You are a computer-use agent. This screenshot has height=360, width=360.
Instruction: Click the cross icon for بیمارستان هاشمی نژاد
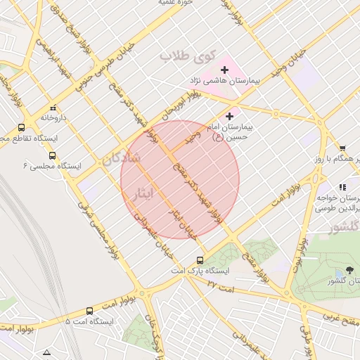click(225, 70)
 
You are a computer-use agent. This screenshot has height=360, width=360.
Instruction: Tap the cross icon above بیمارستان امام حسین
click(230, 115)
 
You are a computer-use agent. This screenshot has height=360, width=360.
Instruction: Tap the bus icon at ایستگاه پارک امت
click(201, 260)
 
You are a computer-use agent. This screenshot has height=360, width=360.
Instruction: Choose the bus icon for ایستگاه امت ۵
click(89, 311)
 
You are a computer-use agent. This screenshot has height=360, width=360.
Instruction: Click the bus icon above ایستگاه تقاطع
click(21, 128)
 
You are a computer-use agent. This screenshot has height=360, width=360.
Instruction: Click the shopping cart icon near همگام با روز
click(342, 148)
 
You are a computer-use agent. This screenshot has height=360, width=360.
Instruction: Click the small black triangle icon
click(47, 352)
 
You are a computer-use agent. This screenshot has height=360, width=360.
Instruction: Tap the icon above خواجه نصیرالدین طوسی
click(342, 187)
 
